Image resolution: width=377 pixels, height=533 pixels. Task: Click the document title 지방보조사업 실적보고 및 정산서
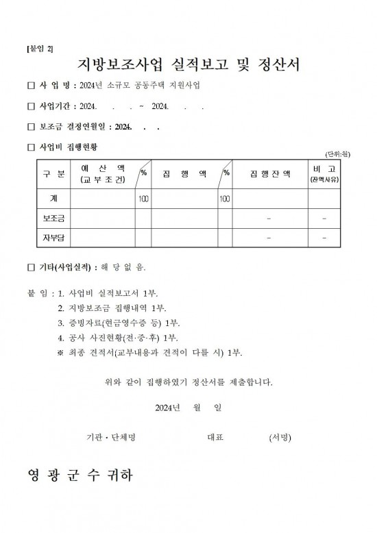click(x=188, y=66)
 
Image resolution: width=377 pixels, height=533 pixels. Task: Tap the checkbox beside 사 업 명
click(x=30, y=86)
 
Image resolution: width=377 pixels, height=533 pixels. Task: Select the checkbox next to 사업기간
click(x=30, y=107)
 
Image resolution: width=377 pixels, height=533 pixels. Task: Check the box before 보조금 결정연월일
click(x=30, y=127)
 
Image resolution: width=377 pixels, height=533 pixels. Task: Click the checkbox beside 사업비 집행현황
click(x=30, y=147)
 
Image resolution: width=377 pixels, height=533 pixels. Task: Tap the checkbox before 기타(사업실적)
click(x=30, y=267)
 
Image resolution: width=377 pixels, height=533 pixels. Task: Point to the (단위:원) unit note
click(x=337, y=156)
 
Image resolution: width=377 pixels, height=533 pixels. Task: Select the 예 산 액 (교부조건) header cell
click(x=103, y=174)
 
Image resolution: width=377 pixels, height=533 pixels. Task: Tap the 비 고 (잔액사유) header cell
click(x=324, y=174)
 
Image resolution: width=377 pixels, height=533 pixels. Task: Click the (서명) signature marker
click(x=281, y=436)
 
